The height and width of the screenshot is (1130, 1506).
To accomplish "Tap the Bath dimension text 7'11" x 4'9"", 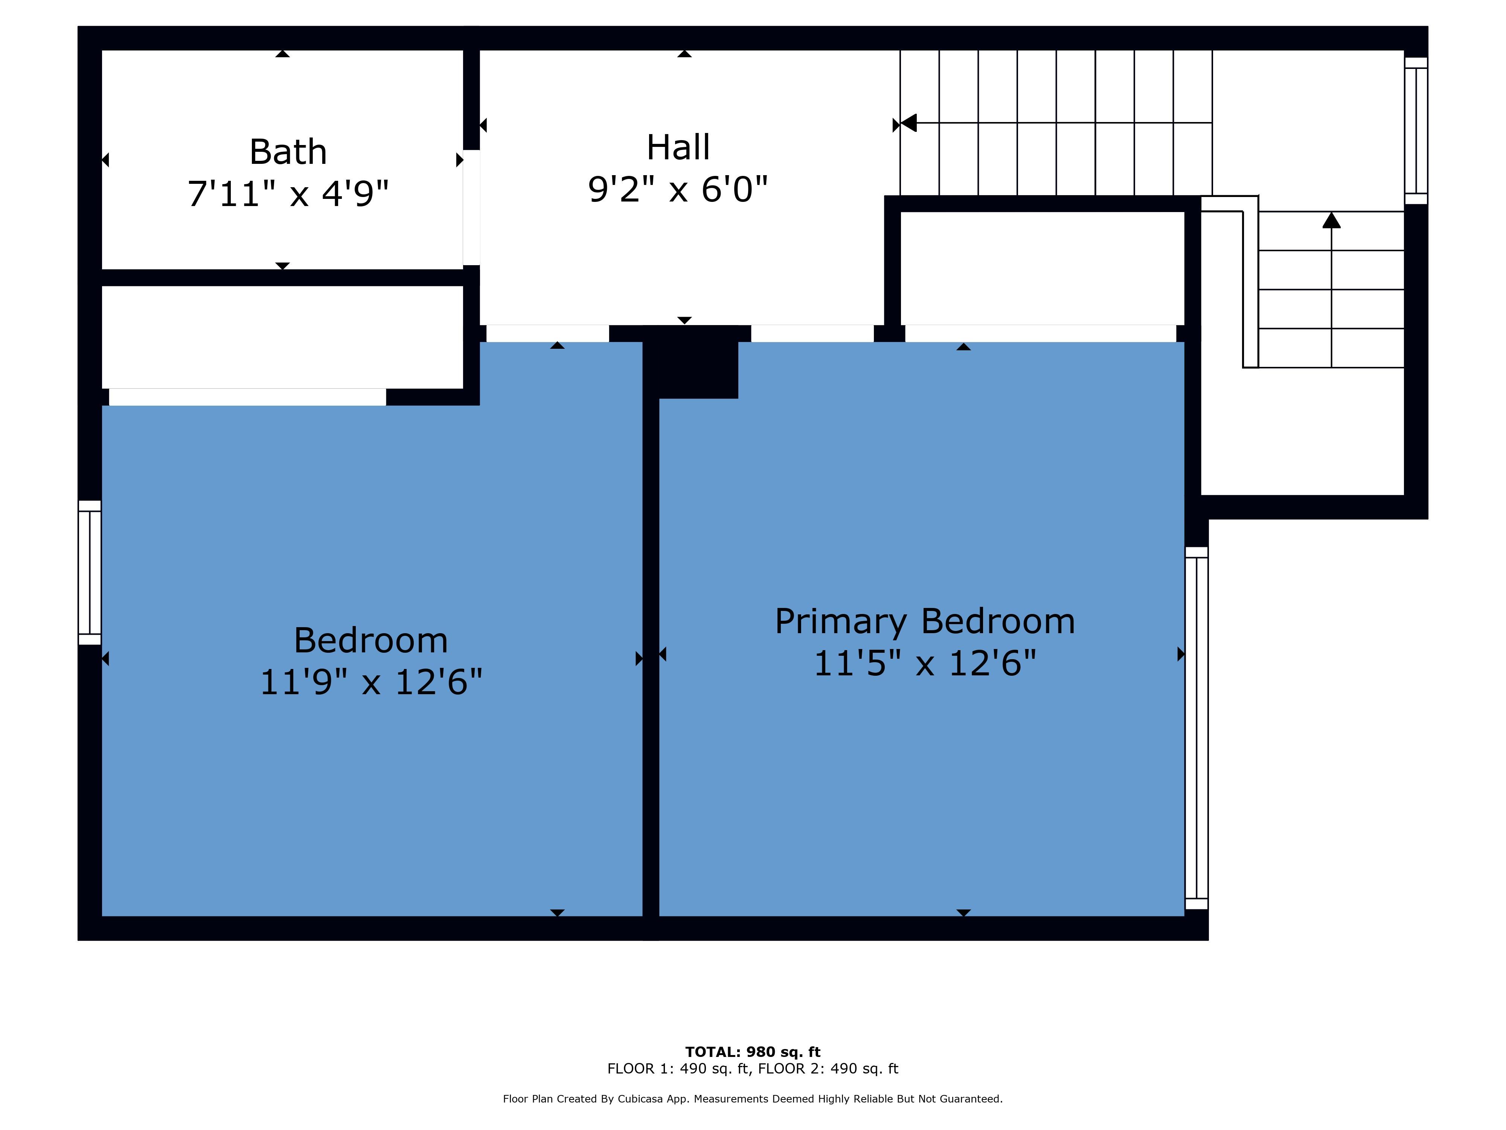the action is click(x=288, y=194).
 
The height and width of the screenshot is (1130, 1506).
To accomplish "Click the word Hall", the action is click(x=678, y=147).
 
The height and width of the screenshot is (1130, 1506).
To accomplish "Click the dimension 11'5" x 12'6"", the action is click(x=925, y=663).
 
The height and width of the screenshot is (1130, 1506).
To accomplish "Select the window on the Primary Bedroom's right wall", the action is click(x=1196, y=728).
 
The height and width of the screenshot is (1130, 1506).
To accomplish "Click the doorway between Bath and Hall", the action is click(x=471, y=207).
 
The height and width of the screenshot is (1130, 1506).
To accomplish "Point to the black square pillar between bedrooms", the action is click(x=691, y=362).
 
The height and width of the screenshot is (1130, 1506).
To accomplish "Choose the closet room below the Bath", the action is click(x=282, y=337).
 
